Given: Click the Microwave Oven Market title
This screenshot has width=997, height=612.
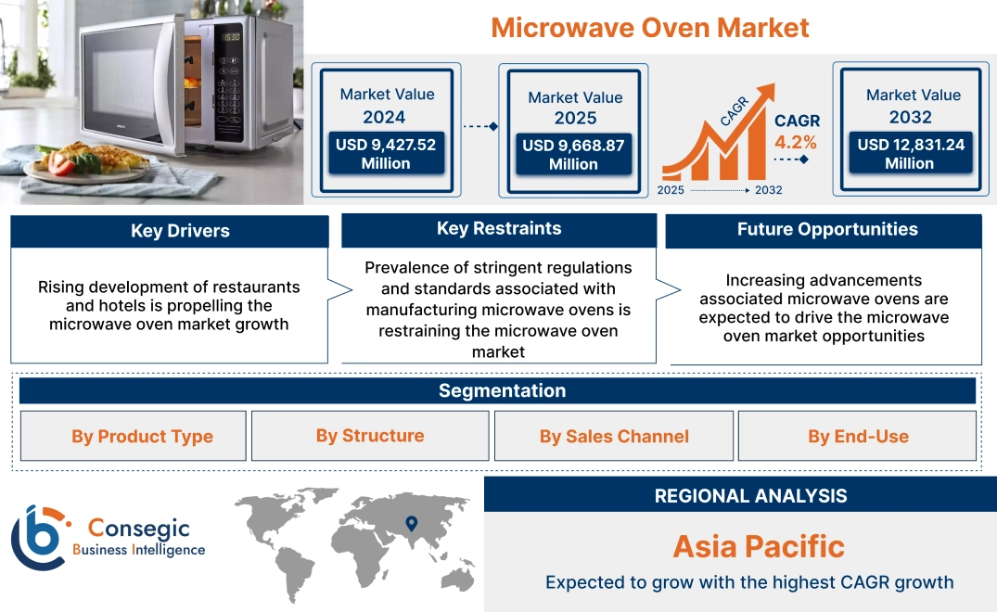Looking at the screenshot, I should [x=649, y=27].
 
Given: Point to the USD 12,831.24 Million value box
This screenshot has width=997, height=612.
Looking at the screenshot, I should [x=910, y=154].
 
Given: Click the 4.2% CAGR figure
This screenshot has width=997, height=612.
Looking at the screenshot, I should [x=796, y=142].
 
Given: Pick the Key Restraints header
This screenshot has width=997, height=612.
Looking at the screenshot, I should [x=499, y=229].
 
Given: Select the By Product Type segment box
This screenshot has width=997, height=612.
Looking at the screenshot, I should [x=142, y=437].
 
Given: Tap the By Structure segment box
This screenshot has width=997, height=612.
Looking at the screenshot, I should [x=370, y=436].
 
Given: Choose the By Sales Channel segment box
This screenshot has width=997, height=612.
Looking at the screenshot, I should [x=614, y=437].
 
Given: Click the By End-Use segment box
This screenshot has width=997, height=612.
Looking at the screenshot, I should [x=858, y=437].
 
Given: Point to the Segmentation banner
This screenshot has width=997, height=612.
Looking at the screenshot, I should [x=502, y=390].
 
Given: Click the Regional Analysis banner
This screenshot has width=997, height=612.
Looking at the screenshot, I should [x=750, y=495].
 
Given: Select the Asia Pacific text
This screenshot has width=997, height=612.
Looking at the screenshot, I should [x=759, y=546].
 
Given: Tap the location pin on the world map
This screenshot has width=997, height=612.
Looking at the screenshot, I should [x=412, y=524].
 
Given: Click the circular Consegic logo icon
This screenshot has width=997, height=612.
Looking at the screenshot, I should [x=39, y=538].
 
